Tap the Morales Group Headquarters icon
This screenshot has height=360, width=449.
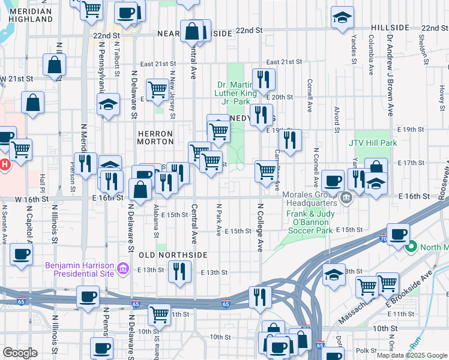(x=346, y=197)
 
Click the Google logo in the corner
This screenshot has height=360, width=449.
(x=20, y=352)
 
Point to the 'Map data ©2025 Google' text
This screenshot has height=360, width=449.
(x=411, y=355)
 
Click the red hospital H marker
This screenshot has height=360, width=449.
(x=5, y=164)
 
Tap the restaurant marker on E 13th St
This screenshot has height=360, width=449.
(x=179, y=272)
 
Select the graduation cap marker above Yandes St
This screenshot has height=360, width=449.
(x=342, y=18)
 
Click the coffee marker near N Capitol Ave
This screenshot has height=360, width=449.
(x=22, y=254)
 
